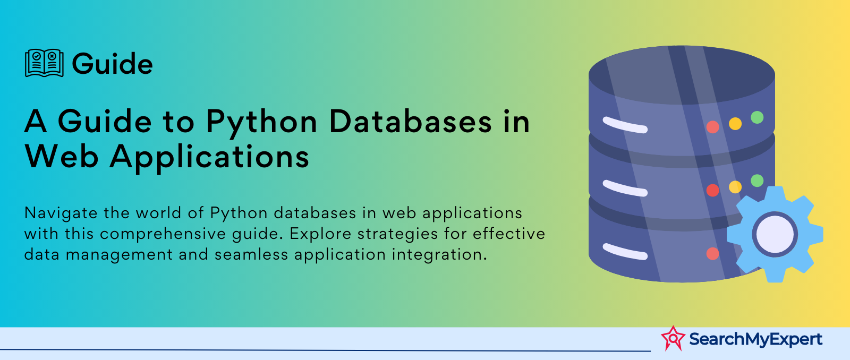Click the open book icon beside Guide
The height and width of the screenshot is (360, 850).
coord(44,63)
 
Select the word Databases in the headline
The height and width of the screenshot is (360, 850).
coord(410,122)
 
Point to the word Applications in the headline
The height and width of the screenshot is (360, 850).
coord(209,158)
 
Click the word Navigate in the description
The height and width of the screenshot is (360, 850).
coord(61,213)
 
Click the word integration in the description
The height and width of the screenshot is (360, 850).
coord(439,254)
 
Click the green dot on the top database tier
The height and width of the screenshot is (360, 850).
coord(757,117)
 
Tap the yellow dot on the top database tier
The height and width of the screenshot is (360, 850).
coord(735,124)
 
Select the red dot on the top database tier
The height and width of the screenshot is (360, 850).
coord(712,127)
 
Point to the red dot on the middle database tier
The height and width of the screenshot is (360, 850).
coord(712,190)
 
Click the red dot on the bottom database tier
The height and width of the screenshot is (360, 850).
coord(712,253)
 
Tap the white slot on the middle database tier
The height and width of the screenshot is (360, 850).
coord(625,188)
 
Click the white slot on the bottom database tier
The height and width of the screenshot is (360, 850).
coord(625,252)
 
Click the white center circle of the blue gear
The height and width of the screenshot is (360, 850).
coord(775,234)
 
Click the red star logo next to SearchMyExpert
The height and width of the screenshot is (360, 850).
coord(673,338)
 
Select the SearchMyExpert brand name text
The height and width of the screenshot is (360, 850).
coord(755,339)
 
